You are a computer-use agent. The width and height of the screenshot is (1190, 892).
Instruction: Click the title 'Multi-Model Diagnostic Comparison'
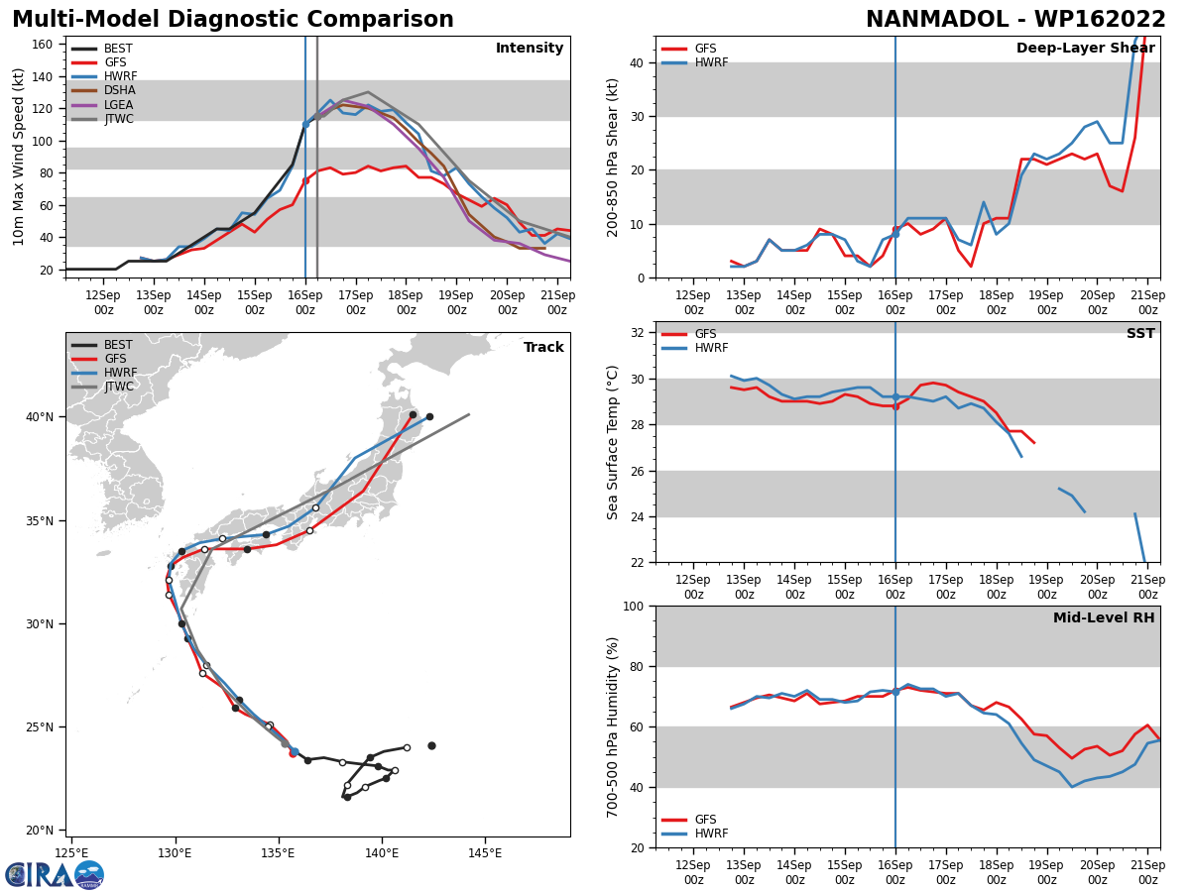point(233,20)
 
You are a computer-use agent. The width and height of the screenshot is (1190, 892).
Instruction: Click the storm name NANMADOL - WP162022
point(1015,20)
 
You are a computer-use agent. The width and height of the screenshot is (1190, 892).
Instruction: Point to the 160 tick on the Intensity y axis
point(42,45)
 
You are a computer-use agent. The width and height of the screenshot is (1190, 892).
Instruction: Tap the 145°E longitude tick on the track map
point(484,852)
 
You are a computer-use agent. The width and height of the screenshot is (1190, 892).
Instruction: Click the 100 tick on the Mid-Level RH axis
point(631,607)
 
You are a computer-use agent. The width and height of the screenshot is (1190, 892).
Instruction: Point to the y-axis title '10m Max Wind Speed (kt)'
point(19,157)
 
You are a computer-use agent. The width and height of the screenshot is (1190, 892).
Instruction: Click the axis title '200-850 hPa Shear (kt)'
point(613,157)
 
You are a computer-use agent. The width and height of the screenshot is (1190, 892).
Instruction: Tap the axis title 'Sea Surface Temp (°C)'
point(613,442)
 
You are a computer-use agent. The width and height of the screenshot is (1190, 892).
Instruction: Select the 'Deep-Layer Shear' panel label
point(1085,49)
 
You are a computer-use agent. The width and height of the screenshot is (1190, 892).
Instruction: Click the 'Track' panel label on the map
point(543,348)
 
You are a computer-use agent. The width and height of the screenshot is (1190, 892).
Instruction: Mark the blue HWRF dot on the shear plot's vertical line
point(895,234)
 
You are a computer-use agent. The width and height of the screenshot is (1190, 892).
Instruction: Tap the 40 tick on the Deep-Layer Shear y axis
point(635,63)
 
